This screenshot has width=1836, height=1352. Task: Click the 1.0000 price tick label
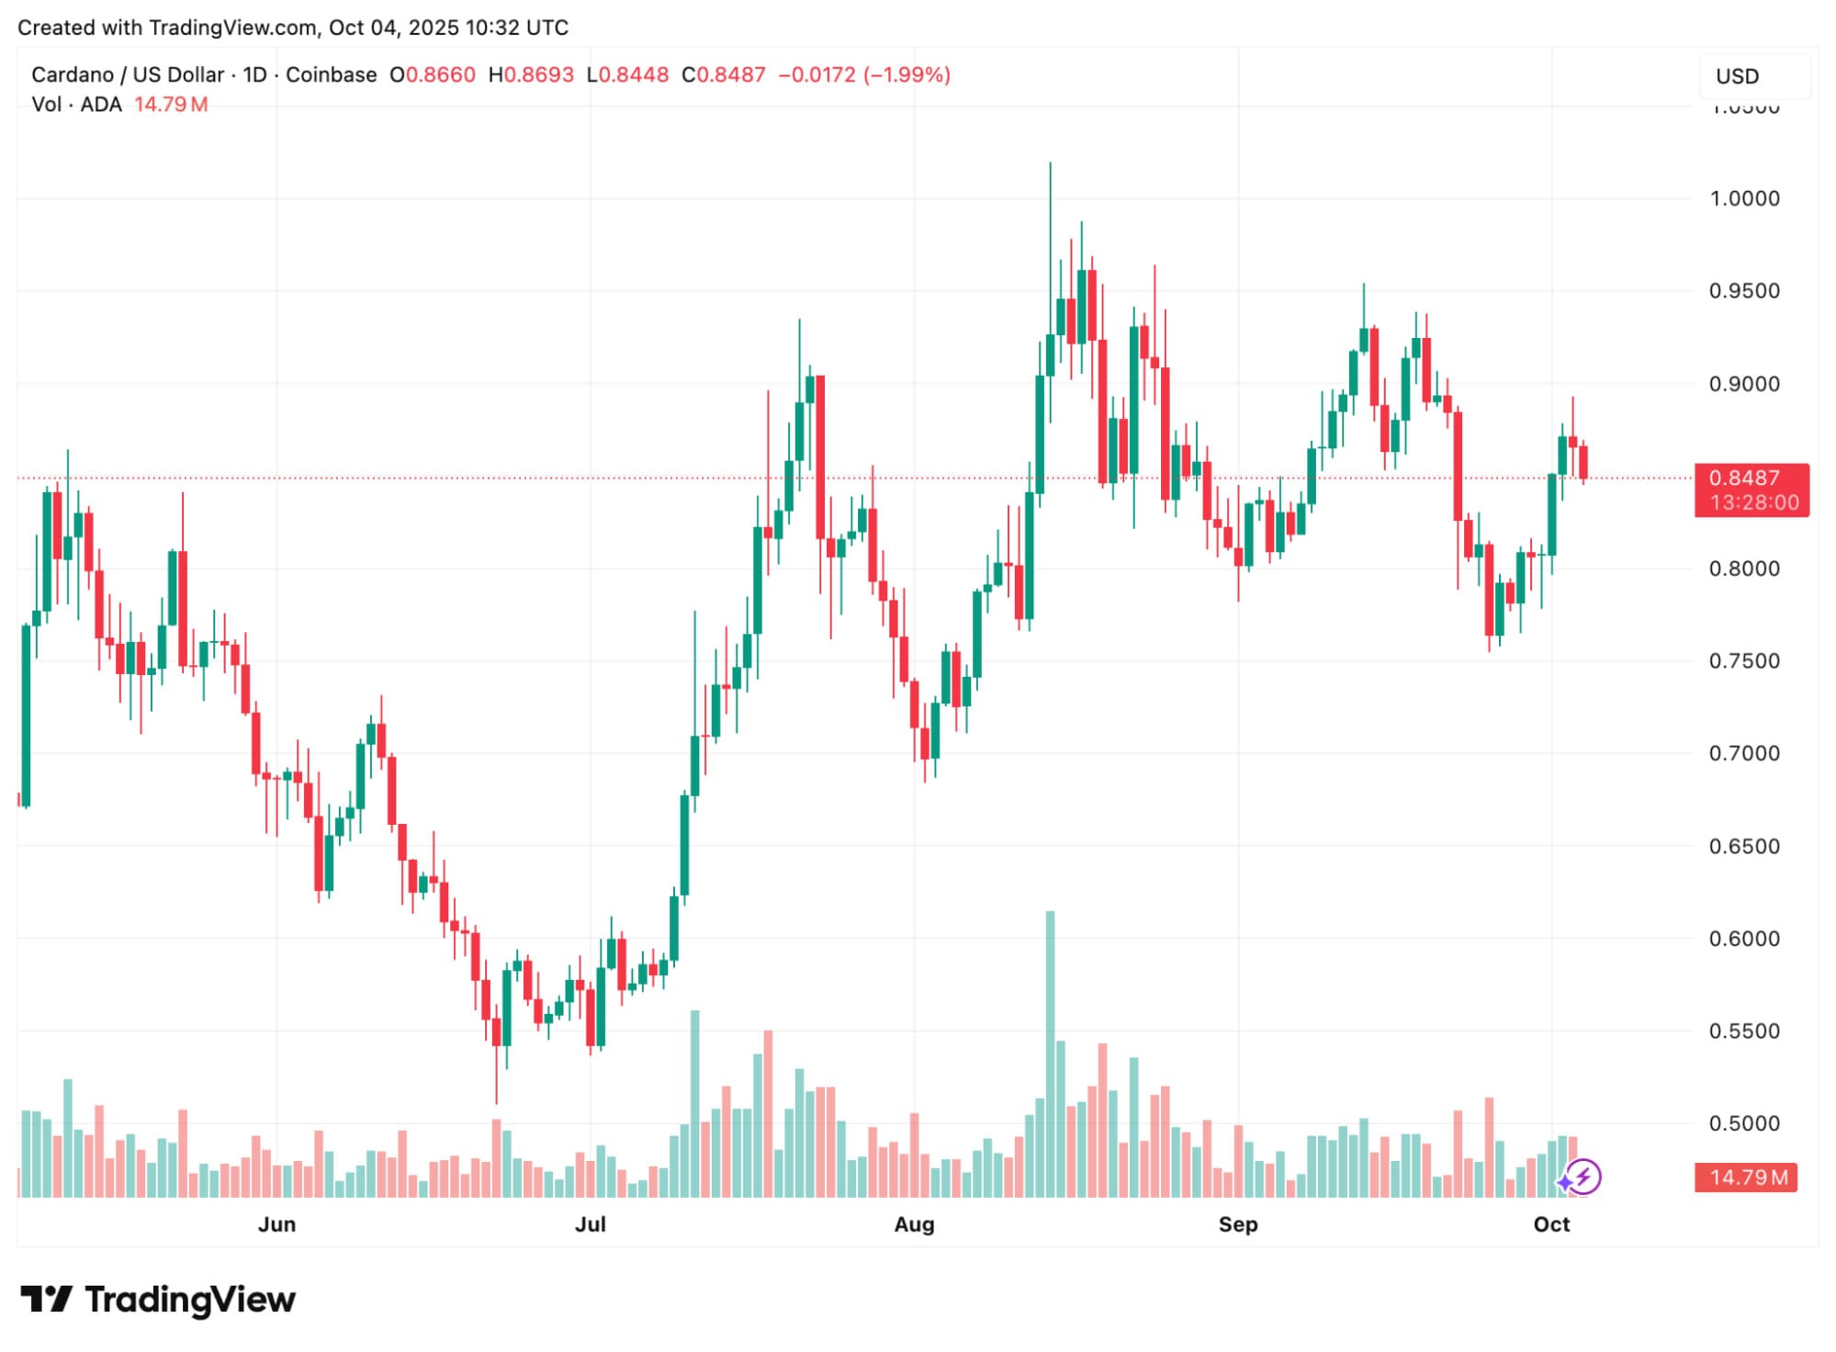[x=1743, y=198]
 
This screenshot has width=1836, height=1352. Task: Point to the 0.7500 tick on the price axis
[x=1743, y=661]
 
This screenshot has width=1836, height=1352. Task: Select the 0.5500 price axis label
[x=1743, y=1031]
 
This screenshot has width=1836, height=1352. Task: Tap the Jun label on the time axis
[x=276, y=1224]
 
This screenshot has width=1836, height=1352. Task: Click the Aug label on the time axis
[x=914, y=1224]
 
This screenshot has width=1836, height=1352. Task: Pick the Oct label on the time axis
[x=1551, y=1224]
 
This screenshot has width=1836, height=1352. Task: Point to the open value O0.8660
[x=433, y=75]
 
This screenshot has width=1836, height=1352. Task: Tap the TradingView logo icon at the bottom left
[x=46, y=1300]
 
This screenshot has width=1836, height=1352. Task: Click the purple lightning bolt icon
[x=1583, y=1177]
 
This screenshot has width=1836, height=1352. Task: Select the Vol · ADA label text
[x=77, y=105]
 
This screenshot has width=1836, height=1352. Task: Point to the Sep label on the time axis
[x=1237, y=1224]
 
